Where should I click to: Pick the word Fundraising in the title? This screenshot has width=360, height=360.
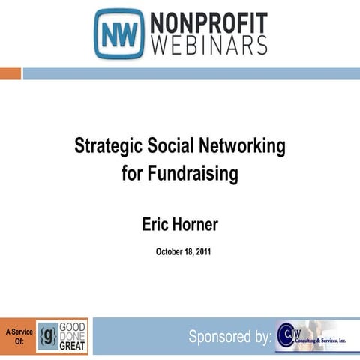pyautogui.click(x=196, y=175)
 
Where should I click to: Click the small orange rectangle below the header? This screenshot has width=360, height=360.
pyautogui.click(x=10, y=73)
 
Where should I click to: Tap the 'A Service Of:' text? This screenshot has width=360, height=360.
pyautogui.click(x=17, y=335)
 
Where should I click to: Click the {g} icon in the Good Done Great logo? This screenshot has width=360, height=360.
pyautogui.click(x=48, y=335)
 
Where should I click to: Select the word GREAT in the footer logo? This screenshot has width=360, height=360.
pyautogui.click(x=73, y=346)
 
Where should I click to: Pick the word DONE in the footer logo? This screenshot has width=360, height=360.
pyautogui.click(x=73, y=335)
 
